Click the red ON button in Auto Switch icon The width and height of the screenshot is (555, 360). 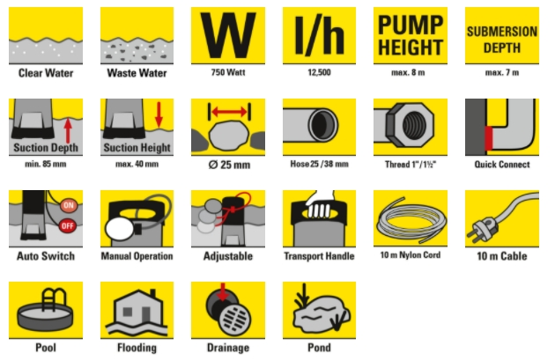(x=69, y=205)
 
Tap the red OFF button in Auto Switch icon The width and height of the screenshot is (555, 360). (x=68, y=226)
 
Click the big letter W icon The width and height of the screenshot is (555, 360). (x=228, y=35)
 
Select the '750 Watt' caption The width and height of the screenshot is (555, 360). (x=228, y=72)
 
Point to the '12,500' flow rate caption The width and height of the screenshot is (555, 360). (x=319, y=72)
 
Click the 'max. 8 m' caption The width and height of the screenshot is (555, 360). (x=408, y=72)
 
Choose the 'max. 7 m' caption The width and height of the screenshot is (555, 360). (x=502, y=72)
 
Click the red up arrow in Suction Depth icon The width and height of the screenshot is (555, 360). (x=68, y=131)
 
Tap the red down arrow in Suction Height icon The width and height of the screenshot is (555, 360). (x=159, y=114)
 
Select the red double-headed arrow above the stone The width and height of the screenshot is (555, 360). (x=229, y=112)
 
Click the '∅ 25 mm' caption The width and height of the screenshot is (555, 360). (x=229, y=165)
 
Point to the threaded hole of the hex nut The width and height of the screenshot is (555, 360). (x=413, y=125)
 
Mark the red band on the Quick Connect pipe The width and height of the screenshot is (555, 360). (x=488, y=138)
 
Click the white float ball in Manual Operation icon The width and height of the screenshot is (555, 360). (x=120, y=229)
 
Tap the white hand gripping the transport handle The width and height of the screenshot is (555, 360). (x=320, y=205)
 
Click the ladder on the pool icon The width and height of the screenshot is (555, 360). (x=54, y=300)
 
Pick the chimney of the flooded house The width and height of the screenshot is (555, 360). (x=152, y=294)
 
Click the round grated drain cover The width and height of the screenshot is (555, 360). (x=235, y=318)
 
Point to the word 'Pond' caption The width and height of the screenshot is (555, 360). (x=319, y=348)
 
